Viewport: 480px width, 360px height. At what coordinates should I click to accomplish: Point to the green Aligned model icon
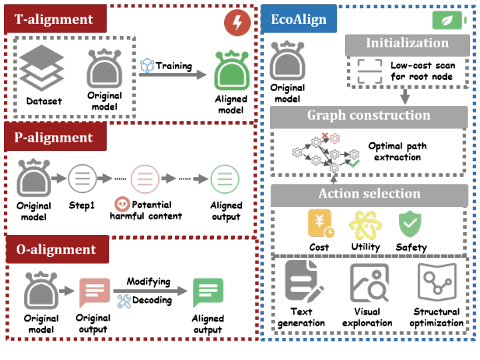[x=231, y=71]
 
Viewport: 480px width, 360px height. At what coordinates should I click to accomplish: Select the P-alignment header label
[x=55, y=138]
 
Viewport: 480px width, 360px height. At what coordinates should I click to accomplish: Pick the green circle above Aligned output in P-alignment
[x=225, y=179]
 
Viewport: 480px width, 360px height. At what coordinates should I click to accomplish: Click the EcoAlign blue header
[x=299, y=19]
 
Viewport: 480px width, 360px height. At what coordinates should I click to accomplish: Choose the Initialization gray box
[x=407, y=43]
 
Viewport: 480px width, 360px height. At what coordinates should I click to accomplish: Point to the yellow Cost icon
[x=320, y=224]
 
